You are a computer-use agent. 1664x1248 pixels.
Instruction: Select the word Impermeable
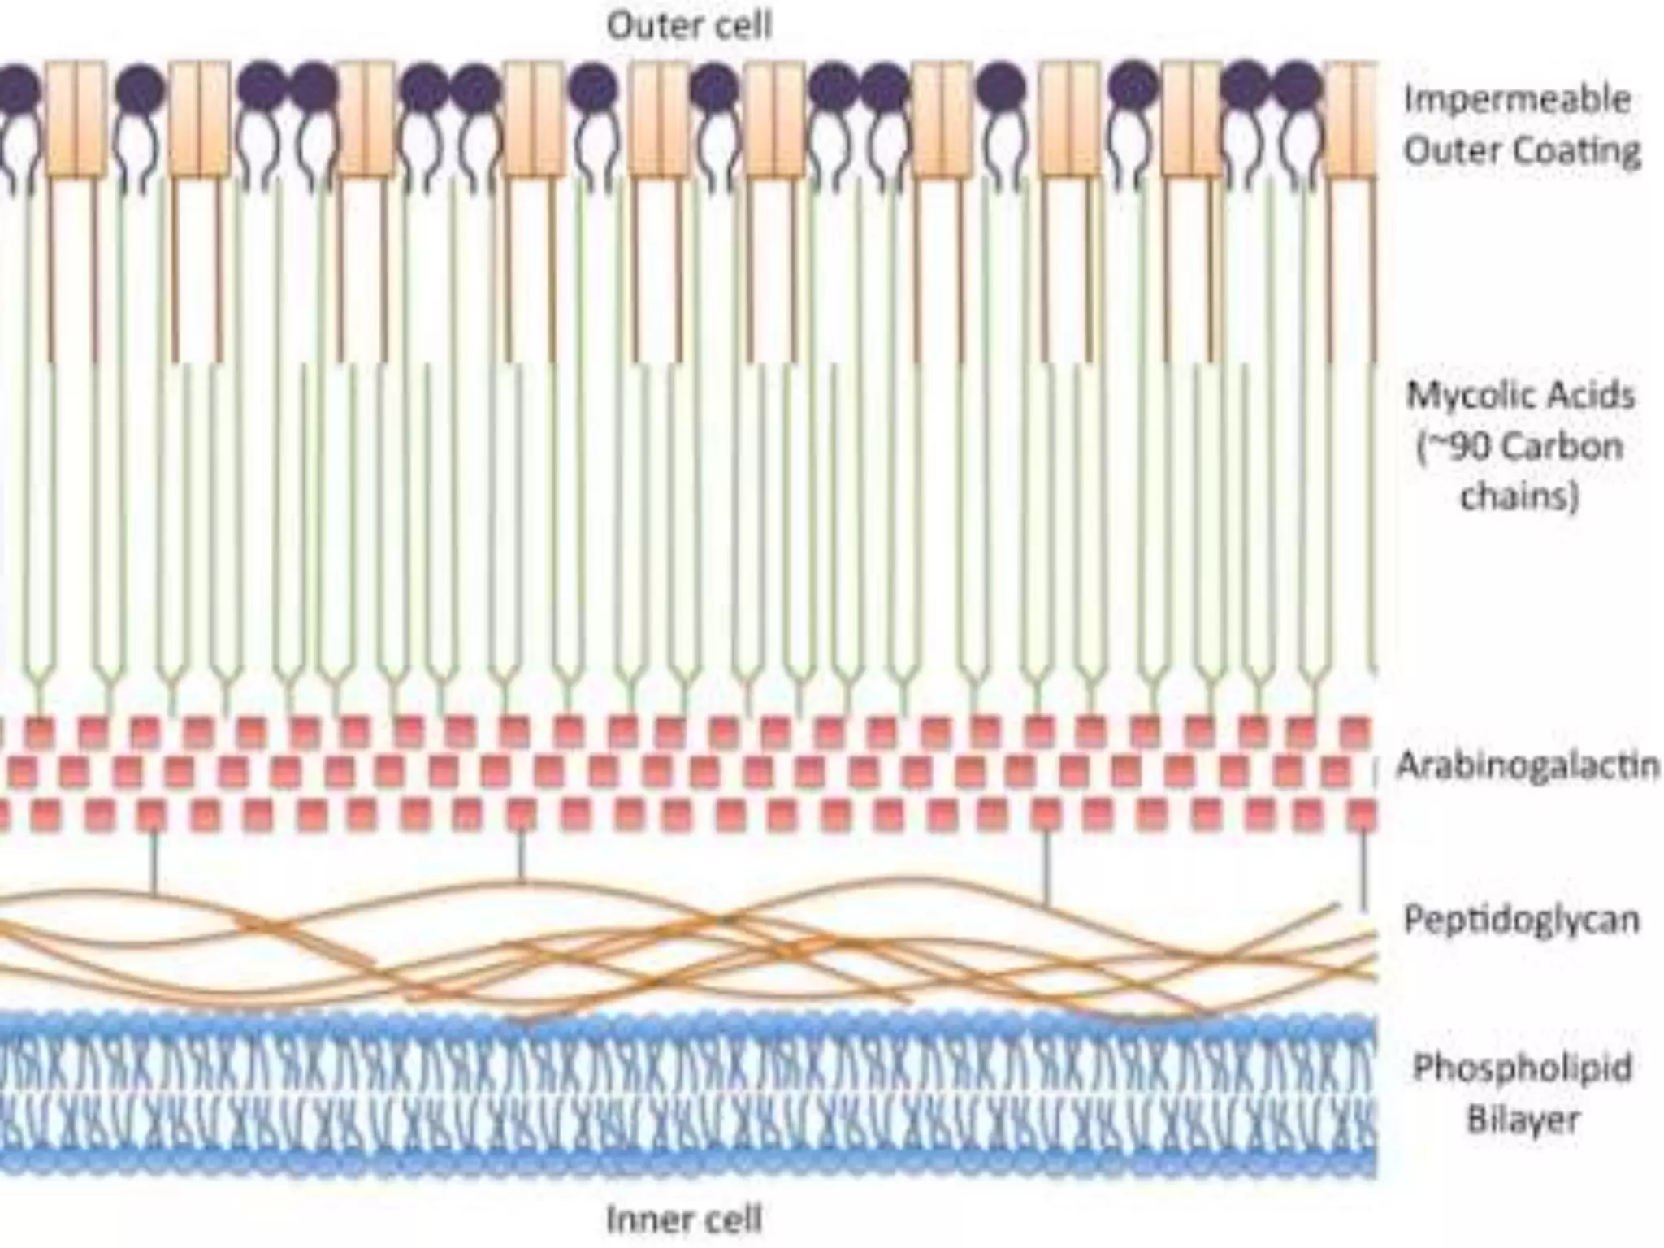1517,100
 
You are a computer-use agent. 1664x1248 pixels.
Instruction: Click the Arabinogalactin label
1527,765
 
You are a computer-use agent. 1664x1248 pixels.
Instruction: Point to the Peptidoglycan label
1521,921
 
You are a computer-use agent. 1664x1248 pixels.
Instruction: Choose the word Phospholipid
1523,1068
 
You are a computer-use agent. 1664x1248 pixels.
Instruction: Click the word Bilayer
1523,1120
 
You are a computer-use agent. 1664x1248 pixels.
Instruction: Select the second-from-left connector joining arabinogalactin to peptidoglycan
521,856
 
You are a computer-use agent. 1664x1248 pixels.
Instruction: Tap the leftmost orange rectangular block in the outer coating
76,119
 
